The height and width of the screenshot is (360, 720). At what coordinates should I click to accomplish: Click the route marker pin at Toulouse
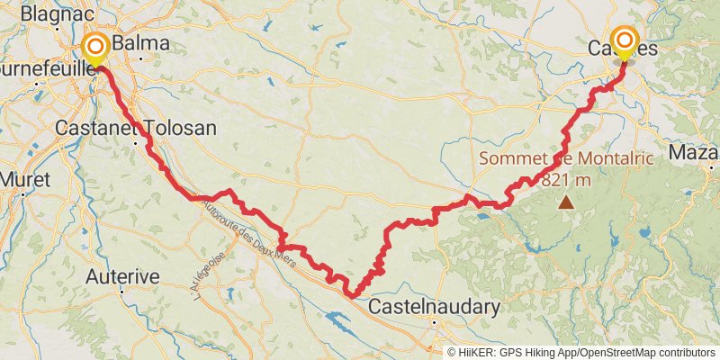pos(94,47)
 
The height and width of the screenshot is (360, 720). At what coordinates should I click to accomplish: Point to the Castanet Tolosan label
pos(136,128)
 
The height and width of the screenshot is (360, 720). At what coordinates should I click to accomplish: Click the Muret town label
pos(24,179)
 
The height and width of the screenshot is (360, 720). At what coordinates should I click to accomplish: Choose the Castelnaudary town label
pos(435,307)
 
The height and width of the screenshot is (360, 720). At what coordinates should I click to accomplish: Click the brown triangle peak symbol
pos(566,202)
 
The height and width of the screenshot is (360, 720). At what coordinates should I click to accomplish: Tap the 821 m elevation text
pos(566,178)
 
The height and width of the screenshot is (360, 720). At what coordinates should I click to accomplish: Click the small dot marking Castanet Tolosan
pos(136,142)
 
